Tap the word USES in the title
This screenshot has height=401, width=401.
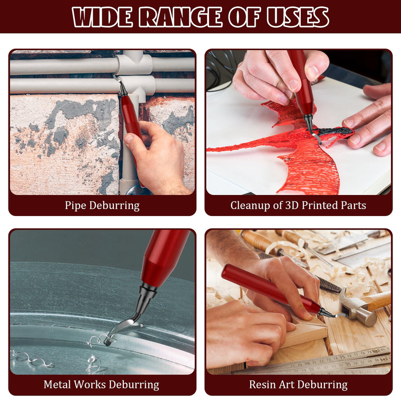click(x=298, y=17)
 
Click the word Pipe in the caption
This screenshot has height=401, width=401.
click(x=75, y=206)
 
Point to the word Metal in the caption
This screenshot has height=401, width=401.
click(x=57, y=384)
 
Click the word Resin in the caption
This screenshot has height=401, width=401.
click(x=263, y=384)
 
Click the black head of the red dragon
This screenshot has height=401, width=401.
click(x=335, y=131)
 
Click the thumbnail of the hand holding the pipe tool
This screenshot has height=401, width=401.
click(x=128, y=138)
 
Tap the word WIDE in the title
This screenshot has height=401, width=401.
click(x=103, y=17)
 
